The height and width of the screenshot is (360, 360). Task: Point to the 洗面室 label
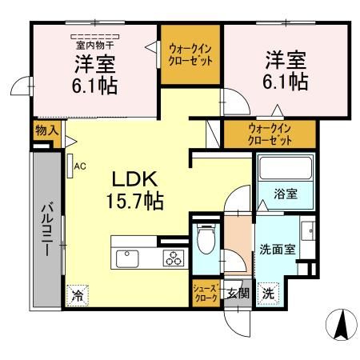click(277, 249)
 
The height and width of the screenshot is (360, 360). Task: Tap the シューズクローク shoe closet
click(203, 292)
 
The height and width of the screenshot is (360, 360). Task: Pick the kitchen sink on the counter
click(128, 258)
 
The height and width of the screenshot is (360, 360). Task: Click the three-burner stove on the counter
click(173, 258)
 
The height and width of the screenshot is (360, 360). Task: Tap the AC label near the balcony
click(79, 166)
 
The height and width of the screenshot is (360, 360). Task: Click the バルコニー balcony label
click(46, 229)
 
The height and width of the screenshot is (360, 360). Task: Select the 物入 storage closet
click(46, 130)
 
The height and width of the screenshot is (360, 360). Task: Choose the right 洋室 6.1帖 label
click(286, 70)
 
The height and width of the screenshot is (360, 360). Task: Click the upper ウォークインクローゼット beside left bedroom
click(190, 54)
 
